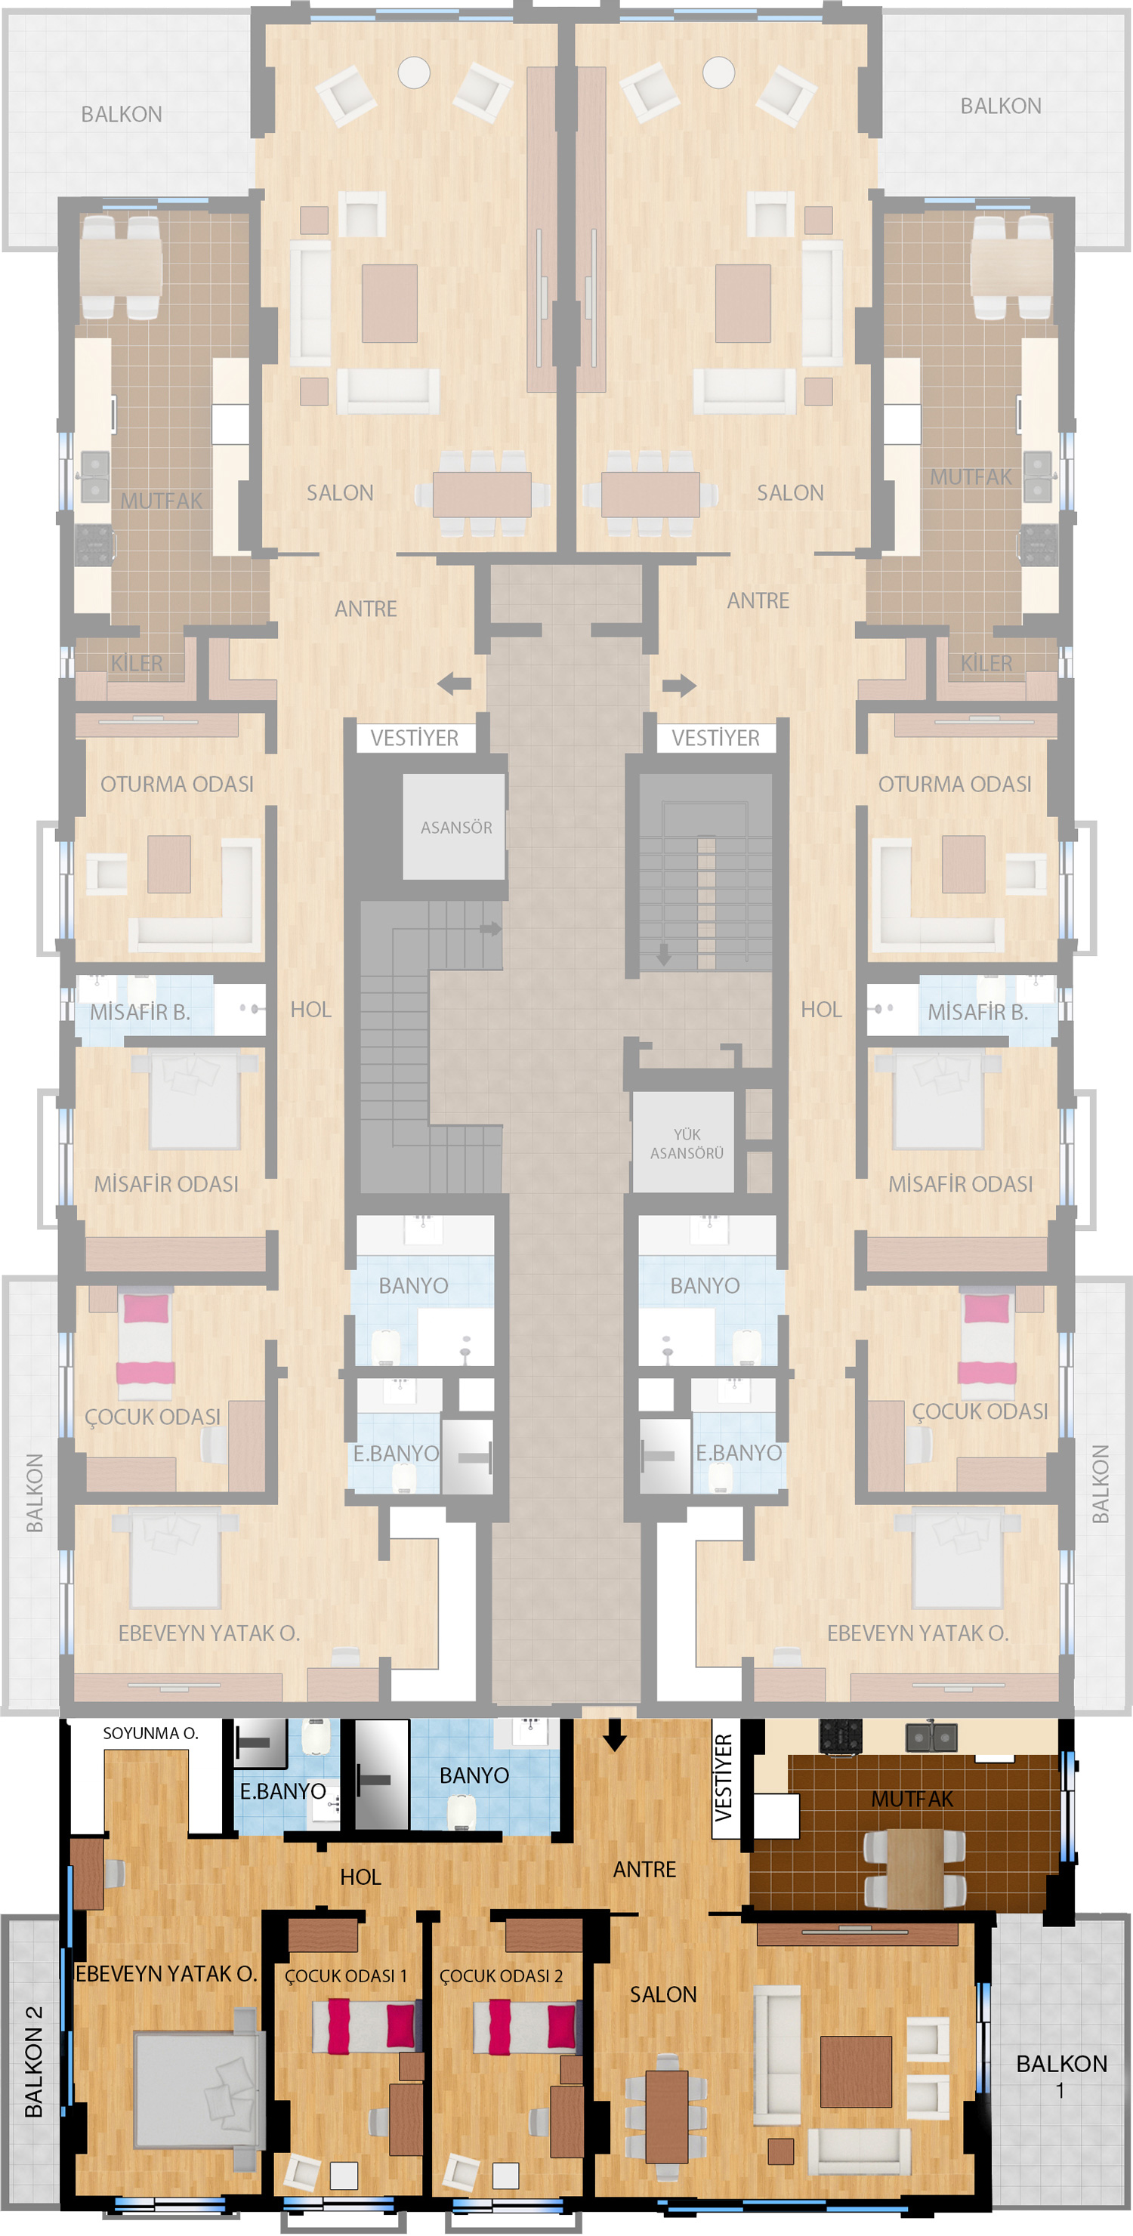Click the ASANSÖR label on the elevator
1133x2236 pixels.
[455, 827]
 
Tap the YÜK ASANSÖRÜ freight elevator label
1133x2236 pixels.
[686, 1143]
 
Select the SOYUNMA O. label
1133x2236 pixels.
[150, 1733]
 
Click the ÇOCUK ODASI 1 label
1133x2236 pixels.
[345, 1975]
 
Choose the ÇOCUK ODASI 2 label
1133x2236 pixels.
[501, 1975]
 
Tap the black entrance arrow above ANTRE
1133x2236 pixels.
[615, 1735]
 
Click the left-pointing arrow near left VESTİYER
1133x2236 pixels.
[454, 684]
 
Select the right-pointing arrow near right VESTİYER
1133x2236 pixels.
[679, 686]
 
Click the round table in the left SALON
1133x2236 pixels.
[414, 72]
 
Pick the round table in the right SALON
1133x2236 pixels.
[719, 72]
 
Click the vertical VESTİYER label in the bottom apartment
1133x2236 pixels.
[723, 1778]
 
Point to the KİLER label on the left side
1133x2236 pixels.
[136, 663]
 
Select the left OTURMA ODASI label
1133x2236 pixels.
[177, 784]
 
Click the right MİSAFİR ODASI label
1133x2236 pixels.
[960, 1184]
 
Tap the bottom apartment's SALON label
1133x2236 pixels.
[663, 1994]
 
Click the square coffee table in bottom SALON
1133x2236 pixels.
[856, 2071]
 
